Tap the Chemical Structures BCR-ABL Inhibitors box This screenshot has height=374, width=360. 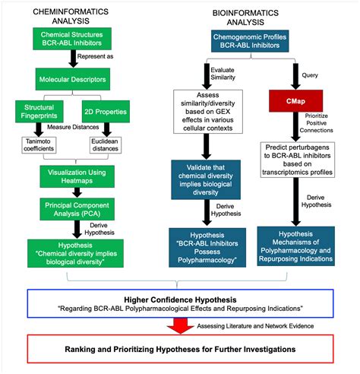click(x=73, y=40)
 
